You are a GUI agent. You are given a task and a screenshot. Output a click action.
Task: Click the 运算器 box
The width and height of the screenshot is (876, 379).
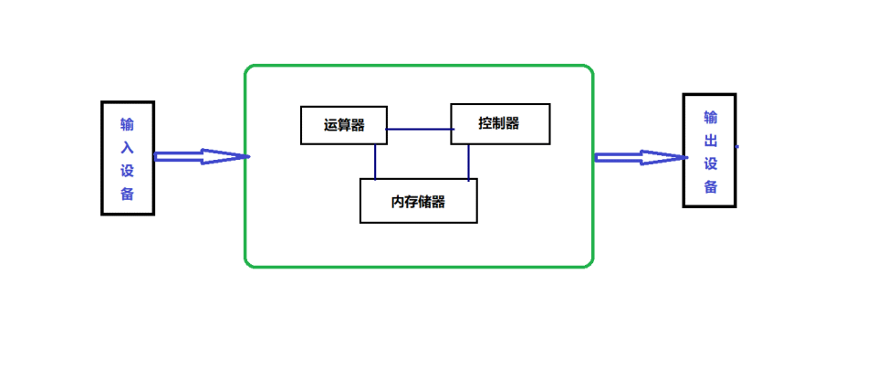(x=343, y=125)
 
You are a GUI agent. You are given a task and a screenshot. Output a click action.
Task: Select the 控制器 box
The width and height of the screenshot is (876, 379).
(x=500, y=123)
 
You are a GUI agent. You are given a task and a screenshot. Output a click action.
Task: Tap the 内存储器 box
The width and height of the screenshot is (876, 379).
(x=418, y=201)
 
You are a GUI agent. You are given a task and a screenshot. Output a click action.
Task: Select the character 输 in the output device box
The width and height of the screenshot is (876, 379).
(x=710, y=117)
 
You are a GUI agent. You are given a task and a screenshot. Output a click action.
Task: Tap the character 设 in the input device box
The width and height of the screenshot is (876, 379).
(x=127, y=170)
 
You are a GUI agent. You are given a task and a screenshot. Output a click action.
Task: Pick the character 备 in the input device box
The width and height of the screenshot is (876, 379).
(x=127, y=193)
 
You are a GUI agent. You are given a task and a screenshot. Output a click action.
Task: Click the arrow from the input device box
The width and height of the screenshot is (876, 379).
(x=201, y=156)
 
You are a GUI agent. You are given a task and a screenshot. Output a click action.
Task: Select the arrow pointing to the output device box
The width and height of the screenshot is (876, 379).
(x=640, y=157)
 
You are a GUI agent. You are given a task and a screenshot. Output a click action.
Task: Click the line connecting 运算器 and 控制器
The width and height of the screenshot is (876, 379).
(x=419, y=129)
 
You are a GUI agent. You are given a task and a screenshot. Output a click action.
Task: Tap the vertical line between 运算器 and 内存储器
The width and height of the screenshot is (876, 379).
(x=375, y=162)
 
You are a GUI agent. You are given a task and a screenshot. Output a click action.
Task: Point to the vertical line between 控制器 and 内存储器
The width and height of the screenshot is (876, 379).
(x=469, y=162)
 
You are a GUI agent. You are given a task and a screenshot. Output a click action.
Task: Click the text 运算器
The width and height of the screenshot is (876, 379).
(x=343, y=125)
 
